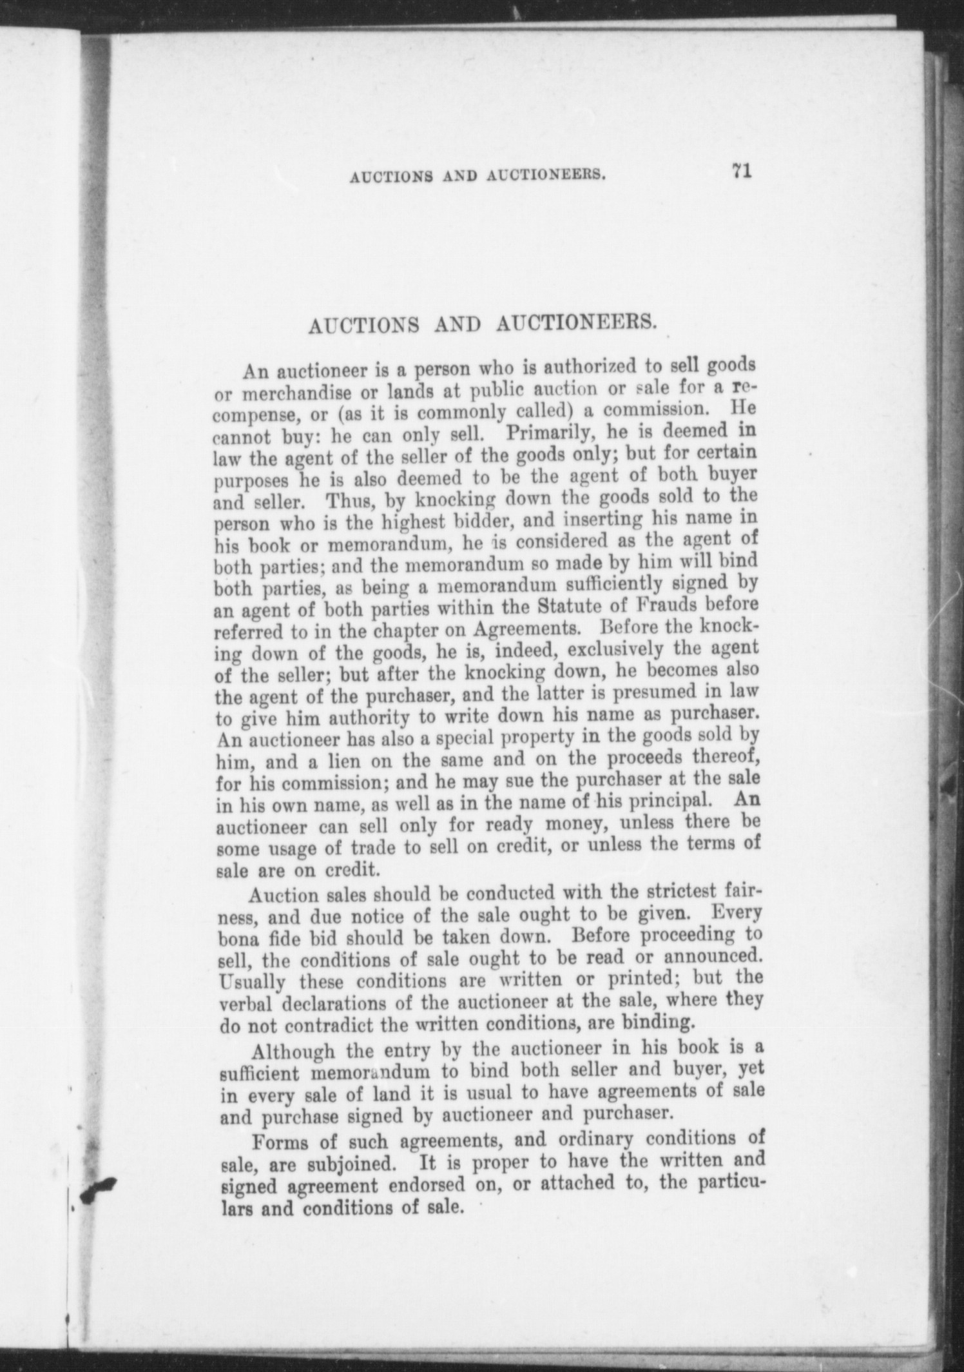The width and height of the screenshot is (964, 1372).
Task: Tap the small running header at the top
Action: point(477,176)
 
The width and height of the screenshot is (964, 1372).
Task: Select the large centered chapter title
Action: point(483,325)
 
